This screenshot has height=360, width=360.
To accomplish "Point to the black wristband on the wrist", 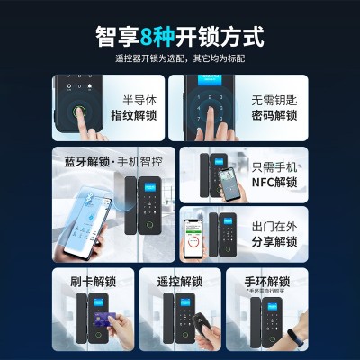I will coord(294,337).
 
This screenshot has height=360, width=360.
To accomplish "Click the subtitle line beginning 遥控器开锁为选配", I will coord(180,59).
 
